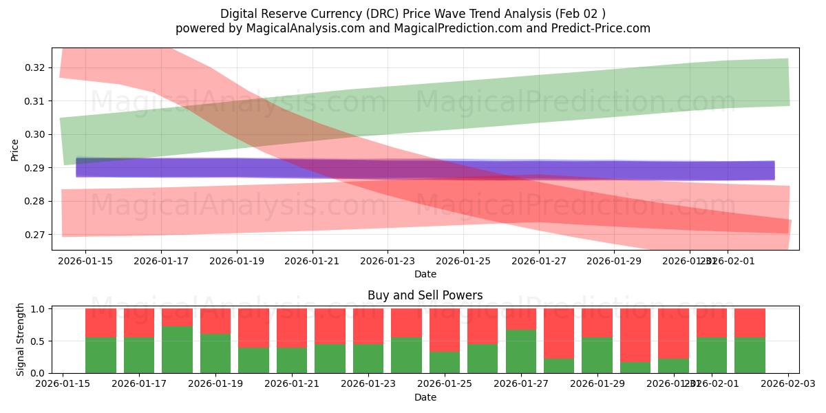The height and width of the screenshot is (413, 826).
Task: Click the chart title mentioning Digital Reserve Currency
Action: pos(413,14)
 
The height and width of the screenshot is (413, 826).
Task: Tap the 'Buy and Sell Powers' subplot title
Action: pos(425,295)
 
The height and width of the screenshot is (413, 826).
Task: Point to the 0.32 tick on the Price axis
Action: pos(35,67)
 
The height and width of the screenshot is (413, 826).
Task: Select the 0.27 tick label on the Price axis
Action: pos(35,235)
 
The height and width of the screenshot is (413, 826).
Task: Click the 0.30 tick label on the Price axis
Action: pos(35,134)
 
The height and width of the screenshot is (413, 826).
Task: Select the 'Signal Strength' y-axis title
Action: pos(21,339)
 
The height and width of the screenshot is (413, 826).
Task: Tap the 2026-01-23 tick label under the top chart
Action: pos(388,261)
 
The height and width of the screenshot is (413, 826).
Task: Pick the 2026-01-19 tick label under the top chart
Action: pos(237,261)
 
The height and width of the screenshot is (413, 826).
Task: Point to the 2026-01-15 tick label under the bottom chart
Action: pos(63,384)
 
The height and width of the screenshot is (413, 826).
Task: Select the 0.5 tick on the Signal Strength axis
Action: pos(39,341)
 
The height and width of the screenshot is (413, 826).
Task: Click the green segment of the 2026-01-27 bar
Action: pos(520,351)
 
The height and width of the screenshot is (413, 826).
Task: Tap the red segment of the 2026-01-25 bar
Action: pos(445,330)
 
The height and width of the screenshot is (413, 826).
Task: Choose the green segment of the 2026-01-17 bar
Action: pos(139,355)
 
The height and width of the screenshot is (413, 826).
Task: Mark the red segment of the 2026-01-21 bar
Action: pos(292,328)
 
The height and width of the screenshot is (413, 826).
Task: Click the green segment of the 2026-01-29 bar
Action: pos(597,355)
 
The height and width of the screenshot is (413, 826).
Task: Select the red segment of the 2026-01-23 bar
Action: pos(368,326)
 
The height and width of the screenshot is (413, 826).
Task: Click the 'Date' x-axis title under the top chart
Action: pos(425,274)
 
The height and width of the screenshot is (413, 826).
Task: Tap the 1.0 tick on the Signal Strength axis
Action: pos(39,309)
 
